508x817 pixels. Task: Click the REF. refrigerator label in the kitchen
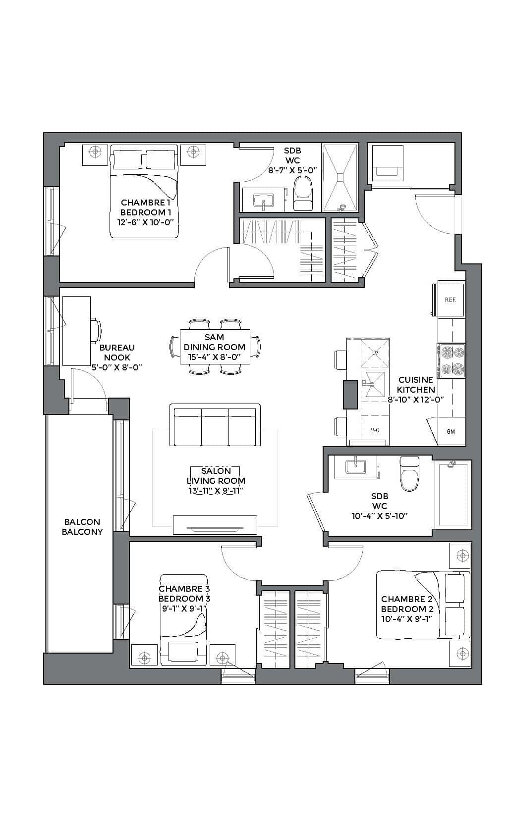(x=451, y=300)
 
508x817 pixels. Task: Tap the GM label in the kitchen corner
(x=451, y=431)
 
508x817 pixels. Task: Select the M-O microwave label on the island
(x=375, y=430)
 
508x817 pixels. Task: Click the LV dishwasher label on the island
(x=375, y=353)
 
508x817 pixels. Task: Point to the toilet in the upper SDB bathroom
(x=303, y=194)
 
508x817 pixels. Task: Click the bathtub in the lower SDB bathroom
(x=453, y=494)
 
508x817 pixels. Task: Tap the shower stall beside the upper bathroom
(x=340, y=177)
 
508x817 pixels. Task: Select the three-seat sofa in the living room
(x=215, y=425)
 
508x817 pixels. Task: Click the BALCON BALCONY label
(x=82, y=527)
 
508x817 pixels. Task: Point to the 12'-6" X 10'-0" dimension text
(x=145, y=222)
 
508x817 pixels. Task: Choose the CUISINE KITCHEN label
(x=416, y=385)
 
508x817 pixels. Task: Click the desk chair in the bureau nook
(x=96, y=330)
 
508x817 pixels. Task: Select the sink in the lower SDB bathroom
(x=355, y=466)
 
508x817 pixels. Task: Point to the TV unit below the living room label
(x=215, y=525)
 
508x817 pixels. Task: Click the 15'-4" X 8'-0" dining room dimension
(x=214, y=357)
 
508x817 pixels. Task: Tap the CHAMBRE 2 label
(x=406, y=599)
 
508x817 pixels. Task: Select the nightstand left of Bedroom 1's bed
(x=95, y=155)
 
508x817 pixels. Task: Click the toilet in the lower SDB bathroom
(x=410, y=474)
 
